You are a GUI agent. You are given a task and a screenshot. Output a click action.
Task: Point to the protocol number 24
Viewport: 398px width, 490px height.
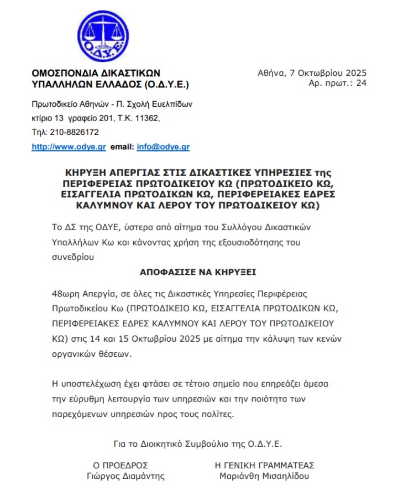pos(362,83)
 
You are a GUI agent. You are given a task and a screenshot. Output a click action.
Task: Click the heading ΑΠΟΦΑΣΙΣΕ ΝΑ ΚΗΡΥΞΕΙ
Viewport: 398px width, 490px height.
pos(198,273)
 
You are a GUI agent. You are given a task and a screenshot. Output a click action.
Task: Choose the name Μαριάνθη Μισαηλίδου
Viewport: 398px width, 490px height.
pos(264,476)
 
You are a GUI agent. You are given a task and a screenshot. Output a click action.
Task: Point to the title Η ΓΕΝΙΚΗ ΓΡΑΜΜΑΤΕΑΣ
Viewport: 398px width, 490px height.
pos(264,465)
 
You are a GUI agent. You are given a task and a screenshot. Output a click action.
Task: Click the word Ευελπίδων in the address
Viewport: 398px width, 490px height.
pos(173,103)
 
